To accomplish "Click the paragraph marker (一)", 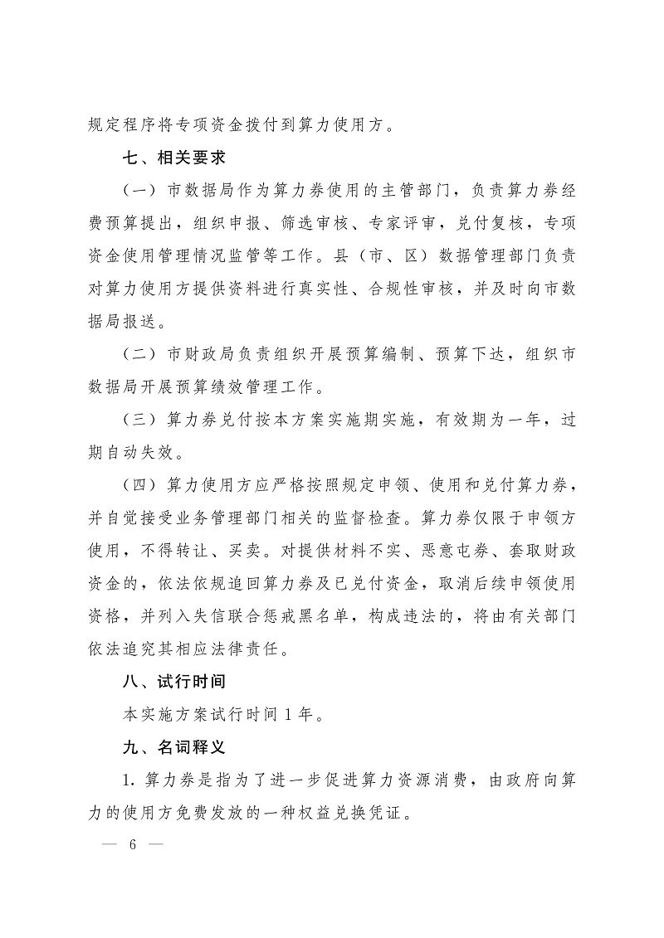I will [138, 191].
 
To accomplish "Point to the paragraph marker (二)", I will [138, 354].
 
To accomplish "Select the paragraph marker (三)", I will [138, 420].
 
